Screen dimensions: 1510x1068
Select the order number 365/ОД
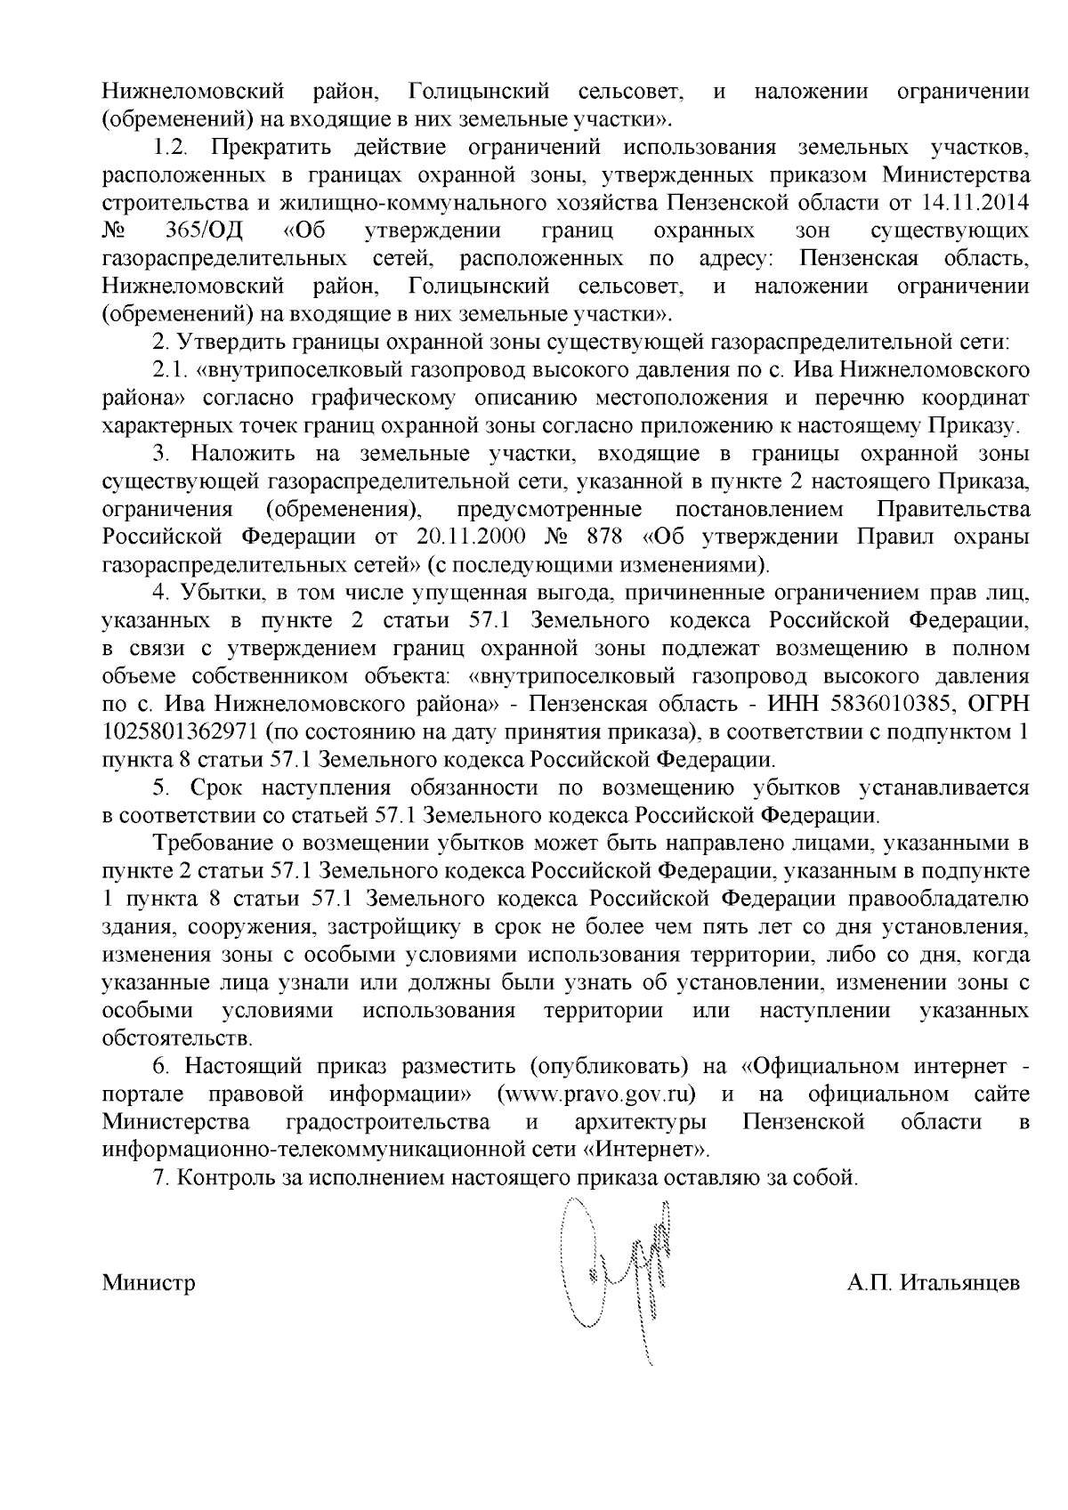coord(204,231)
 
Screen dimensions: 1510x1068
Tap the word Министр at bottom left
coord(148,1284)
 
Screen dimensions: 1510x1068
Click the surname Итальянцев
coord(960,1284)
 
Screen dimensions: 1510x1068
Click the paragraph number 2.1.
coord(168,369)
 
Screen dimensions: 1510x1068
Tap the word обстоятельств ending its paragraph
coord(177,1038)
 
